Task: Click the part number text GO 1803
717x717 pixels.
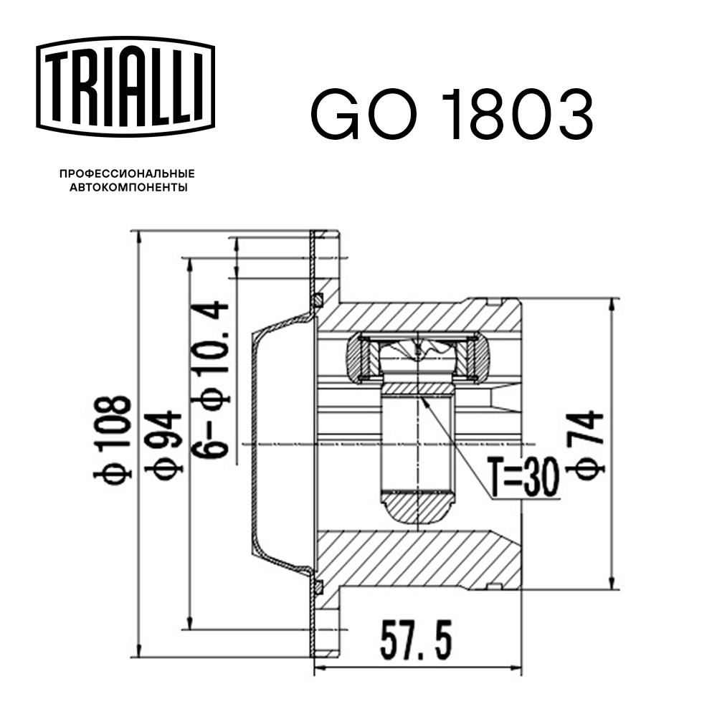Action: point(452,114)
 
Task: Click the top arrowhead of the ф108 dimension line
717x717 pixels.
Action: point(136,237)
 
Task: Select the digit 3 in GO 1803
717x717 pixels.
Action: point(571,114)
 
